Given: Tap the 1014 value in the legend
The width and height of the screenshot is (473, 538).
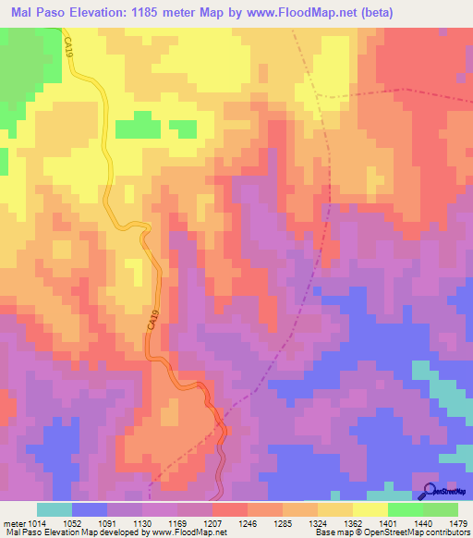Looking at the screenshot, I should (34, 522).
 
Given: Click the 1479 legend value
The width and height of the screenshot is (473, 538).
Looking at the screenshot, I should (458, 522).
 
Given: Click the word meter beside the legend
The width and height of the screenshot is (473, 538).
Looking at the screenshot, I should (13, 522).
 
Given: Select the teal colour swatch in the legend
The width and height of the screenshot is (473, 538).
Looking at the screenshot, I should (54, 509).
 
